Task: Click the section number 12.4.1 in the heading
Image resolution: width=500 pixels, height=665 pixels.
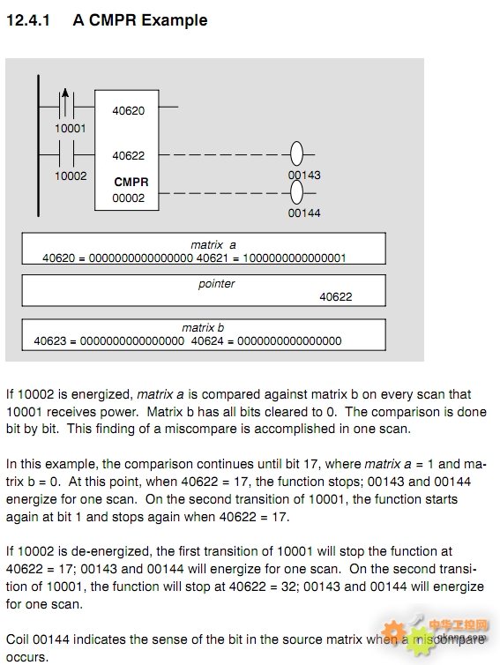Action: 28,20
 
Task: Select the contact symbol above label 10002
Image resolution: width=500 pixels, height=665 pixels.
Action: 66,154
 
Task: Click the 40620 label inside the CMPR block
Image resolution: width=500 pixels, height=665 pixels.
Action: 128,111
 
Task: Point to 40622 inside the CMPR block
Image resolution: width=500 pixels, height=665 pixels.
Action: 128,155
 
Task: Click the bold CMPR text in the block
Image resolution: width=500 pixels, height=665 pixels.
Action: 131,182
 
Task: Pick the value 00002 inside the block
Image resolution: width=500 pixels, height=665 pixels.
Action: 128,198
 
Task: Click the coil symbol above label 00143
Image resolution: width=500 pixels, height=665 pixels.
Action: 297,153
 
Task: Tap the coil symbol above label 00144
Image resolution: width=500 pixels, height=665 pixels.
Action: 297,193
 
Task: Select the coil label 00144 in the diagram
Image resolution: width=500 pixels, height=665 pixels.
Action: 304,213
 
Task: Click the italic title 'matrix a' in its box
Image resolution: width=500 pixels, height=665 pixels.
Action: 213,245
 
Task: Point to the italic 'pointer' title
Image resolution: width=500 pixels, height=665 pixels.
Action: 216,284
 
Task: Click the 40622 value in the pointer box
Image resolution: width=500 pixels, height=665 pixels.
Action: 336,297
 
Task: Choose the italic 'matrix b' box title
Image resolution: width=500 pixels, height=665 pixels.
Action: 203,328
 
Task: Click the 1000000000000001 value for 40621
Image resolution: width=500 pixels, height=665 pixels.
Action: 295,258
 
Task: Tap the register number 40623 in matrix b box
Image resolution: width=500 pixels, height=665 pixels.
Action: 50,341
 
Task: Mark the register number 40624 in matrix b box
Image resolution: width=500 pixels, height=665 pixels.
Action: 207,341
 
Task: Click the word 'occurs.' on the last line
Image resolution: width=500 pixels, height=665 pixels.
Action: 27,657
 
